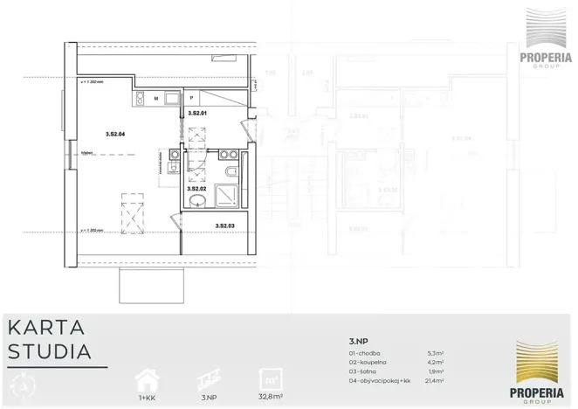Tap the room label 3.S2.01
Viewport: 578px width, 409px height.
pyautogui.click(x=196, y=114)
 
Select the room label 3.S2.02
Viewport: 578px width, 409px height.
pyautogui.click(x=196, y=188)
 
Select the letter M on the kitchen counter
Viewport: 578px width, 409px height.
pyautogui.click(x=156, y=99)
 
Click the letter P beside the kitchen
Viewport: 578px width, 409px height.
pyautogui.click(x=191, y=99)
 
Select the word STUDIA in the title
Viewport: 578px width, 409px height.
pyautogui.click(x=50, y=352)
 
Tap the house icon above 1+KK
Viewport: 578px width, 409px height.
pyautogui.click(x=147, y=379)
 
